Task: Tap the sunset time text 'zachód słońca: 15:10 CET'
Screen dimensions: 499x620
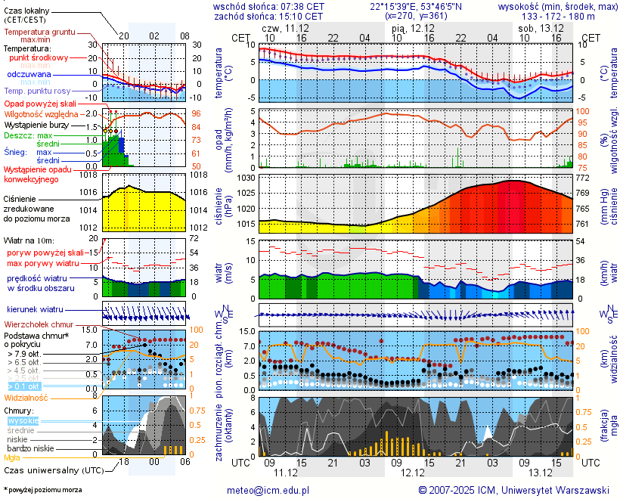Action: click(268, 16)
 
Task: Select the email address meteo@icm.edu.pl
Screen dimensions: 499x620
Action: click(268, 490)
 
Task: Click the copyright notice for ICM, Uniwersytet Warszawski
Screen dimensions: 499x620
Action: click(513, 490)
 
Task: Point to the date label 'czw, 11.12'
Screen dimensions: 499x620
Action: click(286, 27)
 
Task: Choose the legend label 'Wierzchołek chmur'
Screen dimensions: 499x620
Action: click(38, 324)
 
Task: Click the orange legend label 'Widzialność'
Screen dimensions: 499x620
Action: click(26, 397)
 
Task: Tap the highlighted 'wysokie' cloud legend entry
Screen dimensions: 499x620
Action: click(23, 420)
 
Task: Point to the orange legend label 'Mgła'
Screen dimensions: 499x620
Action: click(12, 457)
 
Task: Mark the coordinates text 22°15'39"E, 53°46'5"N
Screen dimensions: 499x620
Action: click(416, 6)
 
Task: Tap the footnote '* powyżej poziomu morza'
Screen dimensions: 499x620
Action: click(42, 490)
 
